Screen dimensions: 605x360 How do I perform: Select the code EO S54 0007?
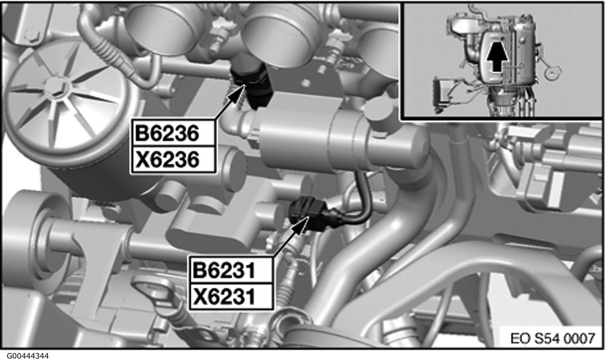(553, 338)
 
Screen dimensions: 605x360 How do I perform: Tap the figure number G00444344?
(25, 355)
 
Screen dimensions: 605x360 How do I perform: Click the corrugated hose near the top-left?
(110, 50)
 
